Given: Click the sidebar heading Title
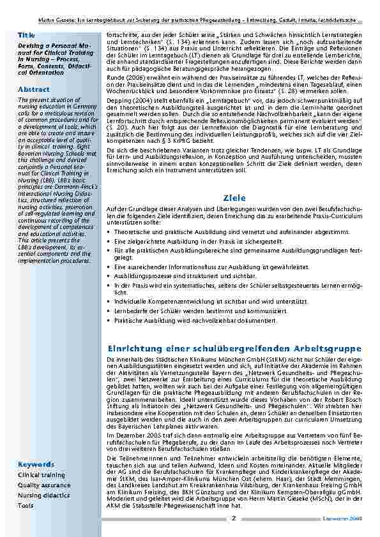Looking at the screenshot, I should pos(26,34).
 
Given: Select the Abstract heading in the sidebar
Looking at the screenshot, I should pos(34,89).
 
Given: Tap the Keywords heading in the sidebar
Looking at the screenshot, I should pos(36,464).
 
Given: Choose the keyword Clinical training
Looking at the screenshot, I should pos(42,475).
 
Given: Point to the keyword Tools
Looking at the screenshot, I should pos(26,505).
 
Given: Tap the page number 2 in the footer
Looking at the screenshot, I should pos(234,519).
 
